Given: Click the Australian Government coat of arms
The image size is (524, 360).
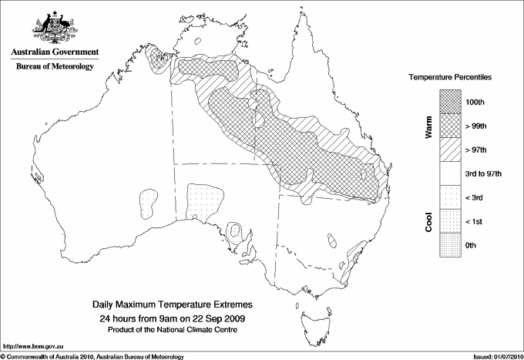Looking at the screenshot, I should (x=54, y=27).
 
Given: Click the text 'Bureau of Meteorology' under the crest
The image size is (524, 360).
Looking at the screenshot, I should (x=54, y=66).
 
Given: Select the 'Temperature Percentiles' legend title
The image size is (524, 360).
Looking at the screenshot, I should (x=451, y=79).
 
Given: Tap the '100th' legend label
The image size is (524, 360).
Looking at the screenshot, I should (x=475, y=102).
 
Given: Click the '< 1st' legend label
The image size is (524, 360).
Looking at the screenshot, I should (x=474, y=221).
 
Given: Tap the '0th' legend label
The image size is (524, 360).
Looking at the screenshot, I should (x=472, y=245).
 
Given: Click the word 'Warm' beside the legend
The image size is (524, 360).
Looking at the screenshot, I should (x=428, y=126).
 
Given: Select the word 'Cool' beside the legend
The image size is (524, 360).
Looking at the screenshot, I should (x=428, y=221).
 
